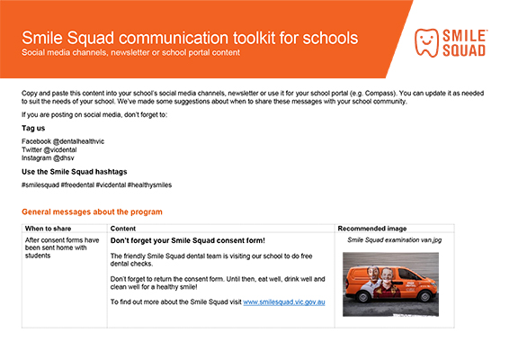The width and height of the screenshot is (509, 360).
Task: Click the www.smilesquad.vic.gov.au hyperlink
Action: pos(284,301)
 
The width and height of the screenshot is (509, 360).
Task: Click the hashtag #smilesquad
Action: pos(40,184)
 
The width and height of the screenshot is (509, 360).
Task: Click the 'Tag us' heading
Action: pos(33,128)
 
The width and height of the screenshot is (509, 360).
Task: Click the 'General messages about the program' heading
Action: pos(92,211)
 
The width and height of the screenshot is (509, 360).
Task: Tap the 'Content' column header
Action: pos(123,229)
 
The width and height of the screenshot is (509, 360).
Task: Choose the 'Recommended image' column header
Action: pos(368,229)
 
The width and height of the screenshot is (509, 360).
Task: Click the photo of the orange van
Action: pos(390,283)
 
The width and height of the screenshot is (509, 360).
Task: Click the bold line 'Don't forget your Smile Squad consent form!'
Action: pos(189,241)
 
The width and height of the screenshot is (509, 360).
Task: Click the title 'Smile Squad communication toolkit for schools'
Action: pos(189,38)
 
